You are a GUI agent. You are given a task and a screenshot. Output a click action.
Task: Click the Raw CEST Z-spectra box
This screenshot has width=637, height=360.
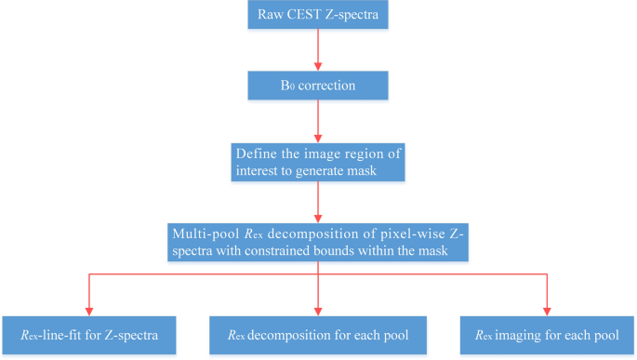(x=318, y=18)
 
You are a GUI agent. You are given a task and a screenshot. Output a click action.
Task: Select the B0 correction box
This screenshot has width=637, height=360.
(x=318, y=85)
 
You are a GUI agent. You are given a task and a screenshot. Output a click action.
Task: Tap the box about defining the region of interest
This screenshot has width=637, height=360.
(x=318, y=161)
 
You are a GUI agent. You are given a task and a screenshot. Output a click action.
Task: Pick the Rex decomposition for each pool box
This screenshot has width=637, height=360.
(x=318, y=333)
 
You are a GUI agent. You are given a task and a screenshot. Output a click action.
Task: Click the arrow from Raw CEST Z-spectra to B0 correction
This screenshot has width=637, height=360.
(x=318, y=51)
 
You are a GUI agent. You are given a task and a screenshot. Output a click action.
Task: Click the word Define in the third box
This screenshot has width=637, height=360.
(x=255, y=153)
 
